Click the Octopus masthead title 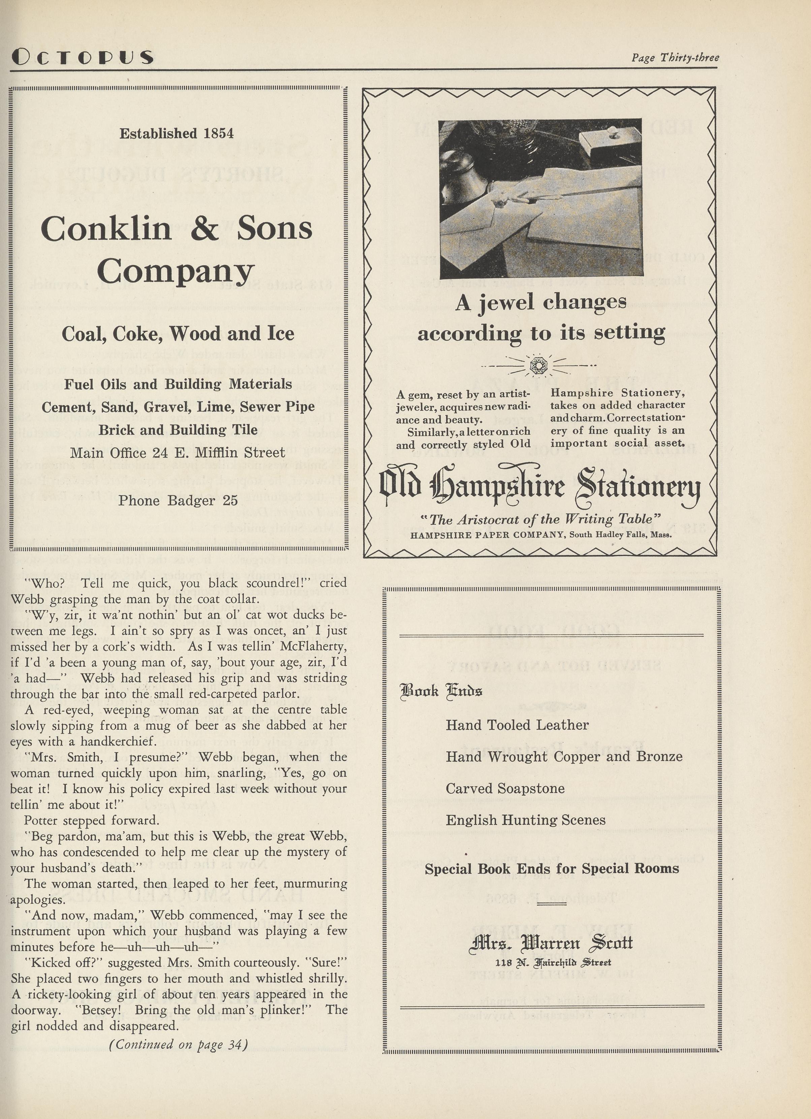[82, 57]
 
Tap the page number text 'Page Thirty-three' [675, 58]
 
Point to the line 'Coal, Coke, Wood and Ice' [178, 333]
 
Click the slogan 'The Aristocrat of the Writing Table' [539, 519]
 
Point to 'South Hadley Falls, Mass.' [620, 534]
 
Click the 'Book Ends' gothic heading [441, 690]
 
